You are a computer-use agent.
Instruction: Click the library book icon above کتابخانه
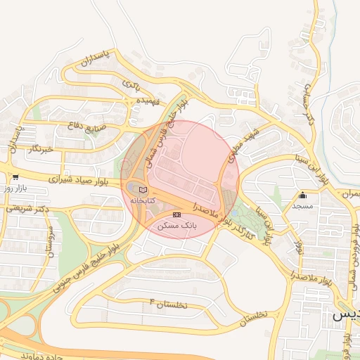143,190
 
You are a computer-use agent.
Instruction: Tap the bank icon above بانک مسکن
176,214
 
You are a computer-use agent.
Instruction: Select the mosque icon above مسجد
303,195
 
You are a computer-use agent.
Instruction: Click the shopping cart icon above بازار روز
15,177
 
